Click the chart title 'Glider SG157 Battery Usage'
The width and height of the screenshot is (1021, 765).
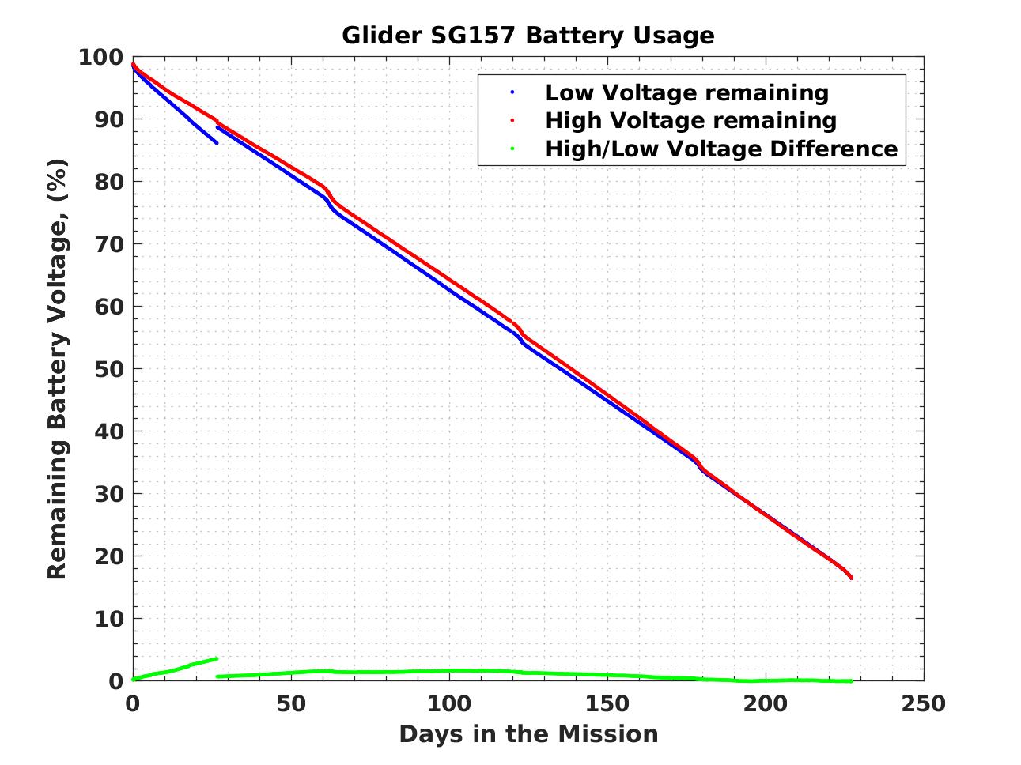pyautogui.click(x=528, y=36)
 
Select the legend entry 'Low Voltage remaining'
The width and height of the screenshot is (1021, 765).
pyautogui.click(x=686, y=92)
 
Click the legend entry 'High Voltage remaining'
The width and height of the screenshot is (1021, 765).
pyautogui.click(x=690, y=120)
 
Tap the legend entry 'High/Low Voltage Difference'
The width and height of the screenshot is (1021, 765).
pyautogui.click(x=721, y=149)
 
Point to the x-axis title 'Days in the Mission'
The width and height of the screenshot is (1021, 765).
pyautogui.click(x=528, y=734)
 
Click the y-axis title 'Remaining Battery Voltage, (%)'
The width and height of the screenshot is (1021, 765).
pyautogui.click(x=57, y=369)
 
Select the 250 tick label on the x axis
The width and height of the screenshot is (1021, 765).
pyautogui.click(x=923, y=703)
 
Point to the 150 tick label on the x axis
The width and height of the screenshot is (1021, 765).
pyautogui.click(x=607, y=703)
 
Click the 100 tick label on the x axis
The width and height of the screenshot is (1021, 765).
pyautogui.click(x=449, y=703)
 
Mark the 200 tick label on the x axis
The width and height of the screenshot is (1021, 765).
pyautogui.click(x=766, y=703)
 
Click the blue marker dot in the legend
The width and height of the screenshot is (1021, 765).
pyautogui.click(x=512, y=92)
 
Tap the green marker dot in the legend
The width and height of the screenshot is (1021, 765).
pyautogui.click(x=512, y=149)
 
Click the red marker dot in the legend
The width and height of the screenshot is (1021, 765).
pyautogui.click(x=512, y=120)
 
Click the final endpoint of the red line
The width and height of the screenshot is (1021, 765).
pyautogui.click(x=851, y=578)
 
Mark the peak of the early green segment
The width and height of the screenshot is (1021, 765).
pyautogui.click(x=216, y=658)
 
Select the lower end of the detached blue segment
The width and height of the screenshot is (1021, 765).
pyautogui.click(x=216, y=142)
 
